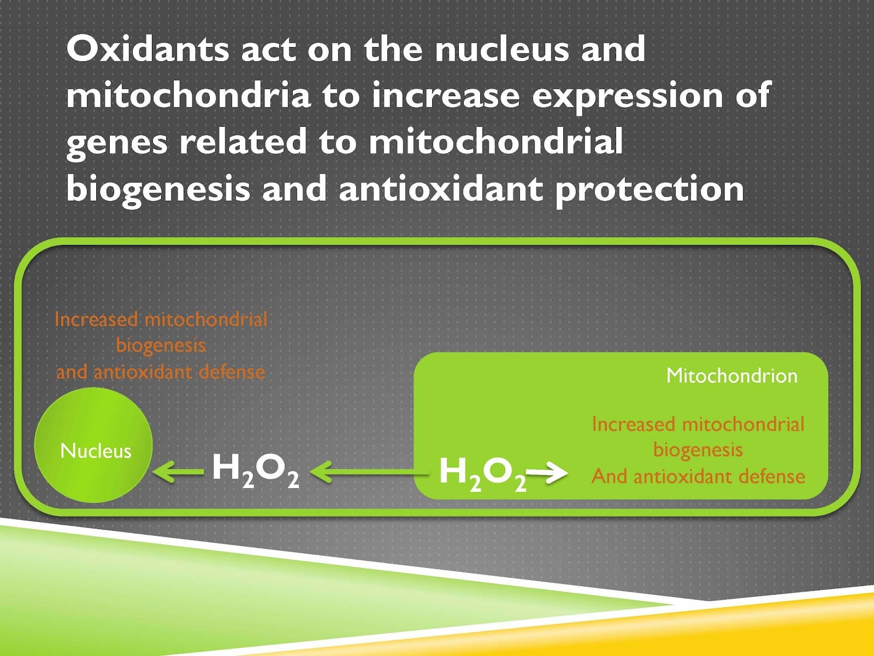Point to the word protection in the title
pyautogui.click(x=649, y=189)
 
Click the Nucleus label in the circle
pyautogui.click(x=96, y=451)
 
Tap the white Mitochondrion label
pyautogui.click(x=731, y=376)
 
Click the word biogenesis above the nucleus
pyautogui.click(x=161, y=345)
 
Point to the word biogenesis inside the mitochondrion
pyautogui.click(x=698, y=450)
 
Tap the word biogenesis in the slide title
pyautogui.click(x=157, y=189)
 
